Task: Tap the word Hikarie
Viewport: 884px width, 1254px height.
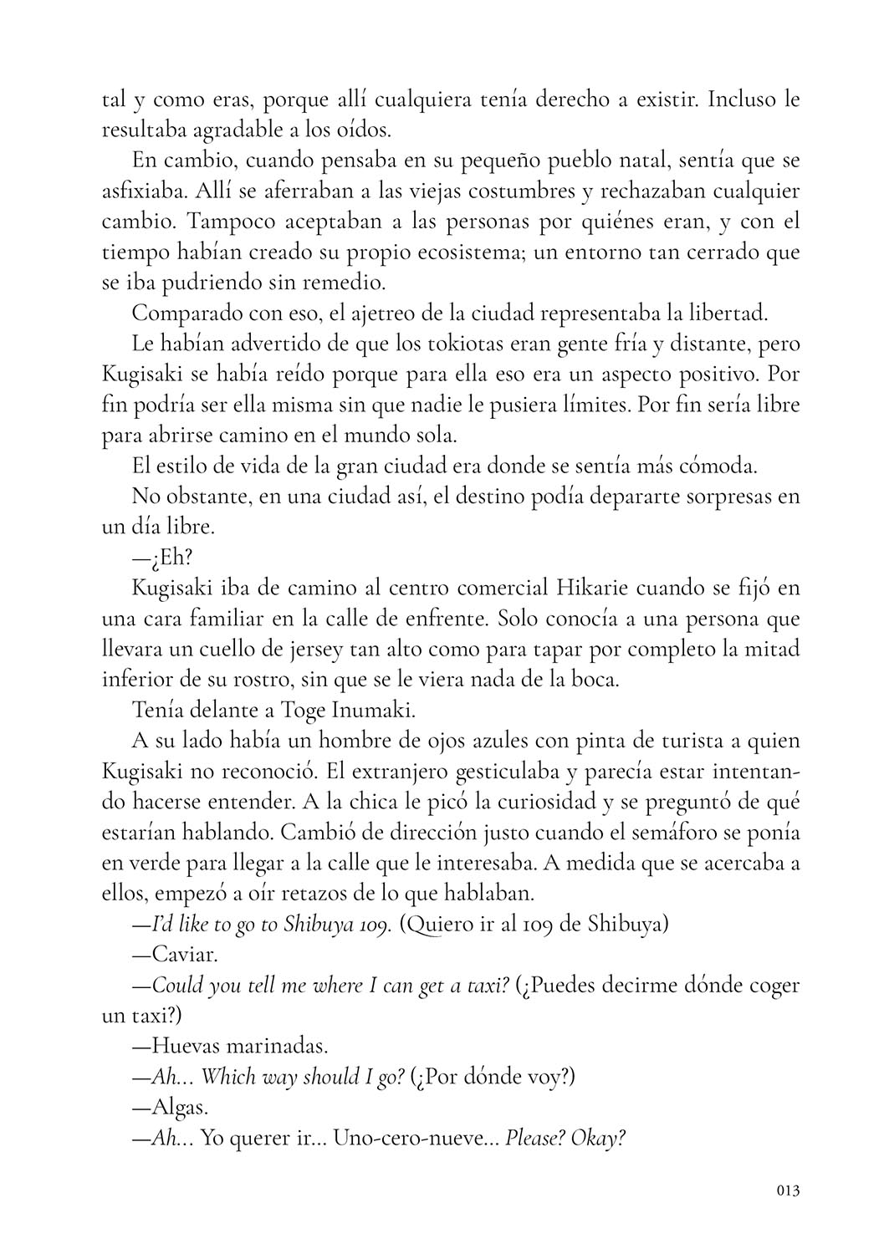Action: (590, 588)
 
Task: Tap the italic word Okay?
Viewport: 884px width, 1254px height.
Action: (597, 1138)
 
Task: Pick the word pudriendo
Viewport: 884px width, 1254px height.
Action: (211, 283)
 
